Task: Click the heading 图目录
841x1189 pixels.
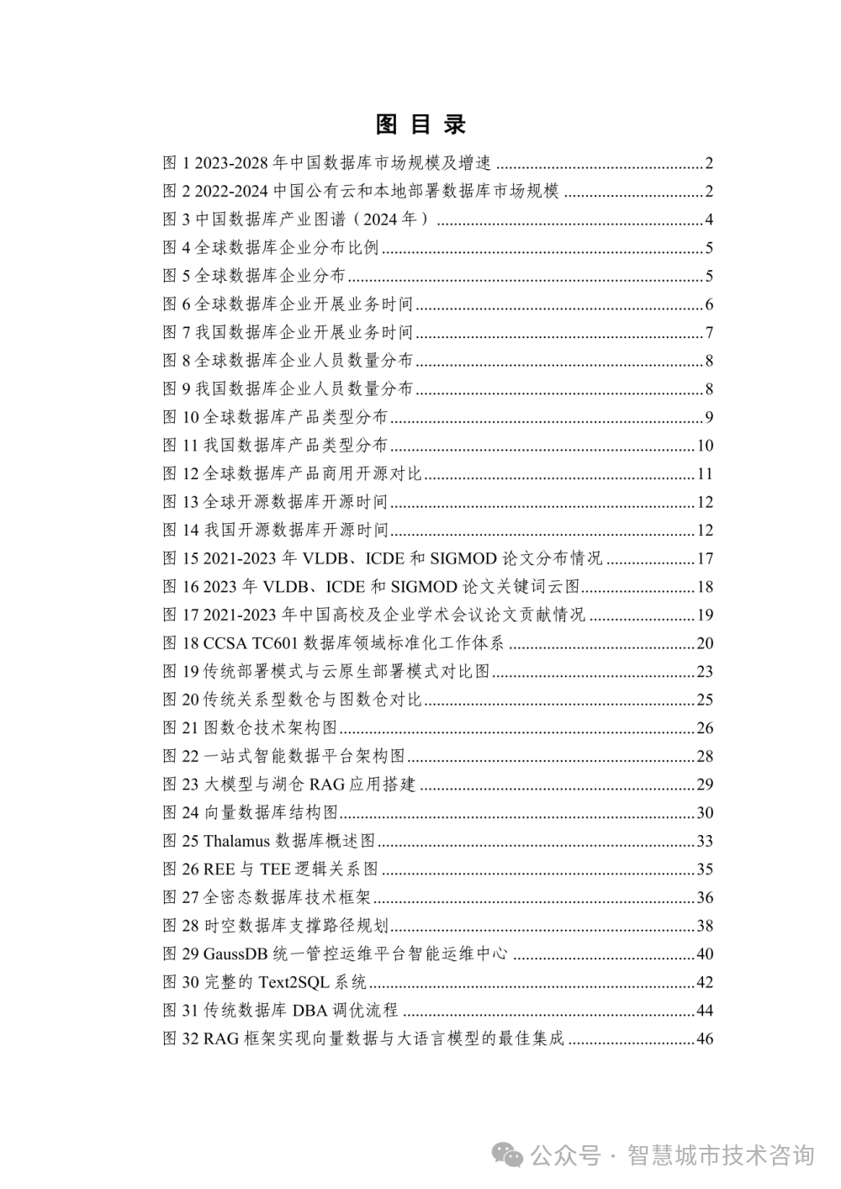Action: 420,124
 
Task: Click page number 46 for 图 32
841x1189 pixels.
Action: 705,1038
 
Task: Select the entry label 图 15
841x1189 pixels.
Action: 180,558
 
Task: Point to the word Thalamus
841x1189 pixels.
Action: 236,841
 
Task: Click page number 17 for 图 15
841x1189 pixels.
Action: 705,558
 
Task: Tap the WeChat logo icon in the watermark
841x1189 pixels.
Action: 509,1155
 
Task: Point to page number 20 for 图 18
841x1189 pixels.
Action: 705,643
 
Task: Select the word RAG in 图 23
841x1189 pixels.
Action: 327,785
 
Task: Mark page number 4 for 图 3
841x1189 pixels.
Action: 709,220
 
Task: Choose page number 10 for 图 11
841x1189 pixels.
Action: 705,446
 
